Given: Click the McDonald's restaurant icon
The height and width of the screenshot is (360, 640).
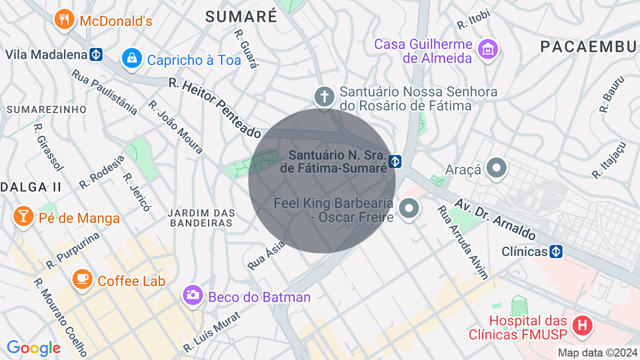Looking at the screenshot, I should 63,19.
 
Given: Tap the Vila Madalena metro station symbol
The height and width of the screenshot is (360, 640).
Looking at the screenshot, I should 96,54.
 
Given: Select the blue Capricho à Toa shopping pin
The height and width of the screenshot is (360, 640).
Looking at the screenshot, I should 131,58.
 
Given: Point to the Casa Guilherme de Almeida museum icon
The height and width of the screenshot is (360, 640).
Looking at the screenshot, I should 487,49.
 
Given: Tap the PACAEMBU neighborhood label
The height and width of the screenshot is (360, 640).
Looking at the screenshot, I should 589,47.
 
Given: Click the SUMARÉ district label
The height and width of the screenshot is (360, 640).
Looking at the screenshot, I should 241,16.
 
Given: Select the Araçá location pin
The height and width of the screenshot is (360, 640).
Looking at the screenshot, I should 496,168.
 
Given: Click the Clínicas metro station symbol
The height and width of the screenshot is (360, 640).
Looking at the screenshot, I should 556,251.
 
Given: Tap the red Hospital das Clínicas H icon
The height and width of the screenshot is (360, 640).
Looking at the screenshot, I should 582,326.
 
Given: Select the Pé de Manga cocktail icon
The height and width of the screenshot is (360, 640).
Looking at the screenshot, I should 22,216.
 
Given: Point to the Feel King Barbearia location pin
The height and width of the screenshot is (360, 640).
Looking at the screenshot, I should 409,207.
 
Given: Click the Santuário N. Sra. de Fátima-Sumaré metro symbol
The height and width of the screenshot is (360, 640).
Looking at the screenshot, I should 395,161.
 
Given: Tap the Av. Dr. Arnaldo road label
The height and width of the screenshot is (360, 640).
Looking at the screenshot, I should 494,219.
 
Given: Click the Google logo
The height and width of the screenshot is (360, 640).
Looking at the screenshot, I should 33,348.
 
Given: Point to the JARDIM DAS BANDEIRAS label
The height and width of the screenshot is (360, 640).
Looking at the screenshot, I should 201,217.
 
